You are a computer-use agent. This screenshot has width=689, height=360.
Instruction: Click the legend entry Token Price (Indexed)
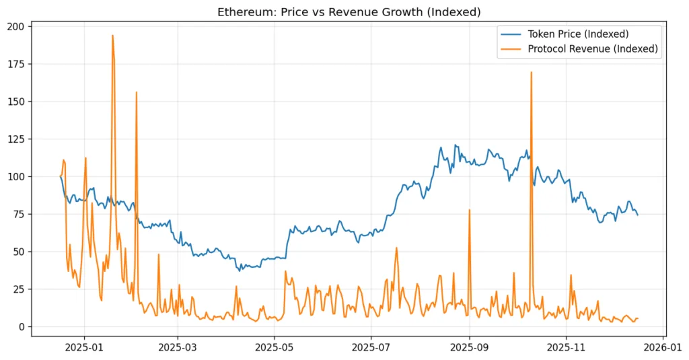(577, 34)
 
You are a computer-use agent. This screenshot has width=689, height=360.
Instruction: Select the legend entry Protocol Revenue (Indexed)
(592, 48)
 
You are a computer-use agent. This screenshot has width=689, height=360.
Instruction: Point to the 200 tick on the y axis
(15, 26)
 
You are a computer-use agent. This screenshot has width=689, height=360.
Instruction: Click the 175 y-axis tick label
(15, 64)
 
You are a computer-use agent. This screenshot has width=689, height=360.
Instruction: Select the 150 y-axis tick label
(15, 102)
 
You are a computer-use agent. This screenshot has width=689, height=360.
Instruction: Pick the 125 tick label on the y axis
(15, 139)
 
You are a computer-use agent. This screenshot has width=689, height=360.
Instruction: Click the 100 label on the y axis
(15, 176)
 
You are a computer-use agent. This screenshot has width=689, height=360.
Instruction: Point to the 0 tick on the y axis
(21, 327)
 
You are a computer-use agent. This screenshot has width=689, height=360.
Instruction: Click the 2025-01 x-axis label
(84, 349)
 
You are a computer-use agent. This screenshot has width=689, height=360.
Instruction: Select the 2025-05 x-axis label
(274, 349)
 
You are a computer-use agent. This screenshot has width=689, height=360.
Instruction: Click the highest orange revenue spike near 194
(112, 36)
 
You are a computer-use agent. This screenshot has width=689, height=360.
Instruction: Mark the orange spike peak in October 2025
(531, 72)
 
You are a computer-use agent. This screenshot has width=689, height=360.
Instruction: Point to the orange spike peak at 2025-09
(469, 210)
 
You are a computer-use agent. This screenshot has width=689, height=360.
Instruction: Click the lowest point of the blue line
(239, 271)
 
